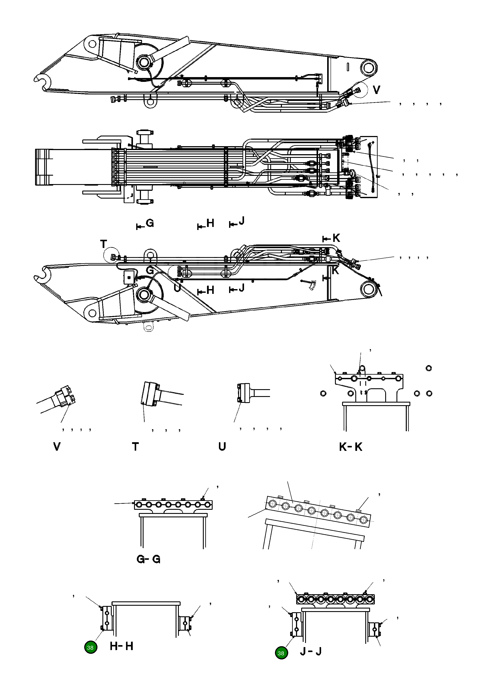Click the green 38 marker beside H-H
(x=90, y=648)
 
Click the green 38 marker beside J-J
(x=281, y=653)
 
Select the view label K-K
(x=350, y=447)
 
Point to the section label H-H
(x=121, y=646)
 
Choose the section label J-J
(x=311, y=651)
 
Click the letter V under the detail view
(x=57, y=446)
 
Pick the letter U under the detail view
(x=222, y=447)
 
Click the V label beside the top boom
(x=376, y=90)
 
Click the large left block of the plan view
(x=42, y=167)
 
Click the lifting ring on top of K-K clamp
(x=362, y=369)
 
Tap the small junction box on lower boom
(x=129, y=277)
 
